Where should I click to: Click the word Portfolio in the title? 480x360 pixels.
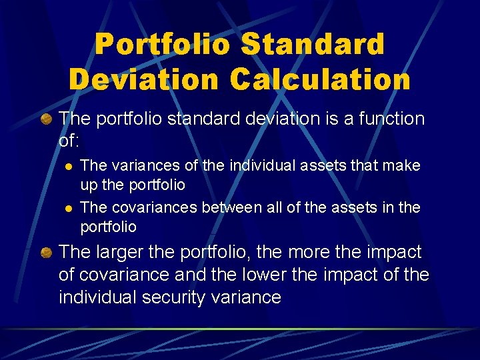click(x=164, y=45)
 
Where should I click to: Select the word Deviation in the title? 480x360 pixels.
click(x=143, y=79)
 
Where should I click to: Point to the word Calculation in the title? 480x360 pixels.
click(x=321, y=79)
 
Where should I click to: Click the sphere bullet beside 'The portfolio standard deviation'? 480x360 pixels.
click(x=47, y=119)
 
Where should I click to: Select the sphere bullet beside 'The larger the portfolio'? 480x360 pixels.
click(x=47, y=253)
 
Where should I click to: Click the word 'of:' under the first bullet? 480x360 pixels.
click(x=69, y=141)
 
